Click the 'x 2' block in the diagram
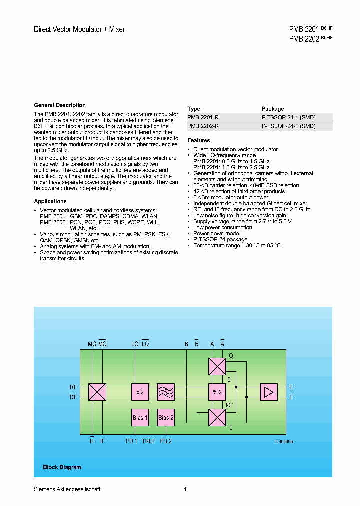140,392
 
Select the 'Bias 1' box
140,417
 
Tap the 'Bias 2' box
166,417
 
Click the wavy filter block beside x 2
166,392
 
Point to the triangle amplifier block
269,392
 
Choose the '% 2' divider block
217,392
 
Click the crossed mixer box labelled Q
217,366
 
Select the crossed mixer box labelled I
217,417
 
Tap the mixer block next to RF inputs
97,392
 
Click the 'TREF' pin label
149,441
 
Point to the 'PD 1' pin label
131,441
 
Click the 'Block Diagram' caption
62,467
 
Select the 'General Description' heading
60,105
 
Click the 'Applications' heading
50,201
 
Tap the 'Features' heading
199,141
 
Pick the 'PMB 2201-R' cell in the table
203,117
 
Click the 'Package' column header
273,109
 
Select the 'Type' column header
194,109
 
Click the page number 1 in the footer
185,489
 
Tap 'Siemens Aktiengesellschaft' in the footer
67,489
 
